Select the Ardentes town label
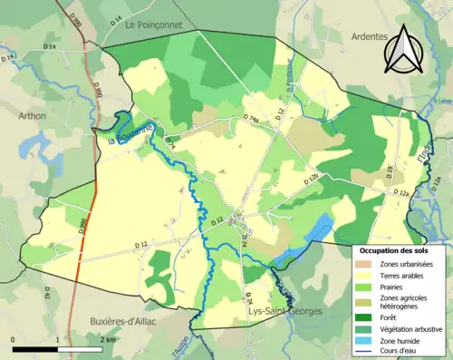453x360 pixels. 369,36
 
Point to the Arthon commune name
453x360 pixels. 32,116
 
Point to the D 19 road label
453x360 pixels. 390,170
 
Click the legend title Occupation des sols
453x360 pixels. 396,249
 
